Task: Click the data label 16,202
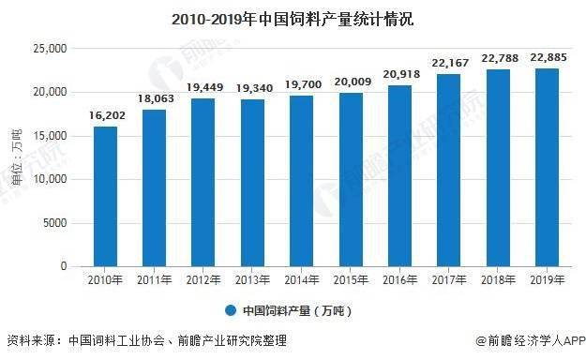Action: coord(105,118)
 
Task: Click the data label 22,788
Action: coord(495,60)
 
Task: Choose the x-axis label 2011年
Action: coord(154,279)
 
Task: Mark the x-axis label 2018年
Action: coord(495,279)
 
